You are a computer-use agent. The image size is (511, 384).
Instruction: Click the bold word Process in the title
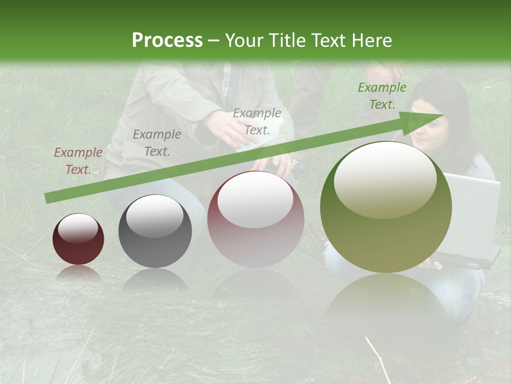point(167,41)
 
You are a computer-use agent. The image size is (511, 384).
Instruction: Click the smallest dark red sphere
point(78,239)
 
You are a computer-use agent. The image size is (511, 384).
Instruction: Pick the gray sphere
point(155,231)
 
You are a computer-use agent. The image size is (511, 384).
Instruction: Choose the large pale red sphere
point(256,219)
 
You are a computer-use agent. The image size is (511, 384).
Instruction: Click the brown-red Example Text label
point(78,161)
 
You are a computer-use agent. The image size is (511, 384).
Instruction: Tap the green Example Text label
point(382,96)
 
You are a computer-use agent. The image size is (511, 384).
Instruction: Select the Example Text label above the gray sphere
point(157,142)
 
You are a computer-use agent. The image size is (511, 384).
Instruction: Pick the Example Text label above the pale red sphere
point(257,122)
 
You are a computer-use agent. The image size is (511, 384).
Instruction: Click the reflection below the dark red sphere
point(78,273)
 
